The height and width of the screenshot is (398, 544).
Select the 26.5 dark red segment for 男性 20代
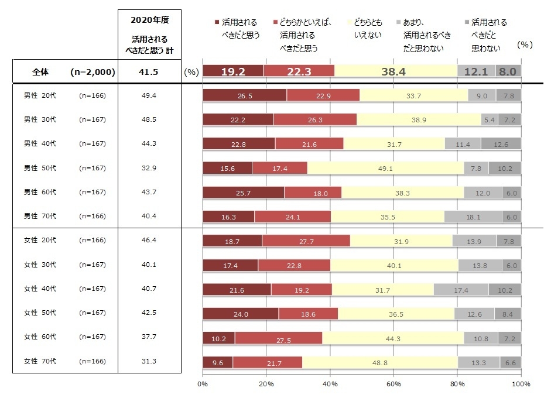coord(245,95)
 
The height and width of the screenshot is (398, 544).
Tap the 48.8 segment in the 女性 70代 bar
coord(379,363)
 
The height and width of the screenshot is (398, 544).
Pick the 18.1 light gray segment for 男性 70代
coord(473,216)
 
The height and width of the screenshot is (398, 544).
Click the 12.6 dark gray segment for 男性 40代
coord(501,144)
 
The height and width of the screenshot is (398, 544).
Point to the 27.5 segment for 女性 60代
coord(278,339)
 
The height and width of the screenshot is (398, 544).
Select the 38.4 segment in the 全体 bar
coord(395,71)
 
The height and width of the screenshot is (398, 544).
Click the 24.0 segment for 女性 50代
coord(241,314)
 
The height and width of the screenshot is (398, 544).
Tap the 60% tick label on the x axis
coord(394,384)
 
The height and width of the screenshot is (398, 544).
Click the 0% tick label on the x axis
coord(203,384)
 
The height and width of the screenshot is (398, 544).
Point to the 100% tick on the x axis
coord(521,384)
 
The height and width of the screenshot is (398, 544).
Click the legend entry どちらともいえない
coord(368,28)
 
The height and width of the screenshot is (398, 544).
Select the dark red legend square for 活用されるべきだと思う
coord(218,22)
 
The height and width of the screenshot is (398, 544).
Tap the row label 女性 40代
coord(40,289)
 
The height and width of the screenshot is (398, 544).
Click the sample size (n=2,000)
coord(92,72)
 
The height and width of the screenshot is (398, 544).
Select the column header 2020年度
coord(149,20)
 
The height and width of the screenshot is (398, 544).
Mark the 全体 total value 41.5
coord(149,72)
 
